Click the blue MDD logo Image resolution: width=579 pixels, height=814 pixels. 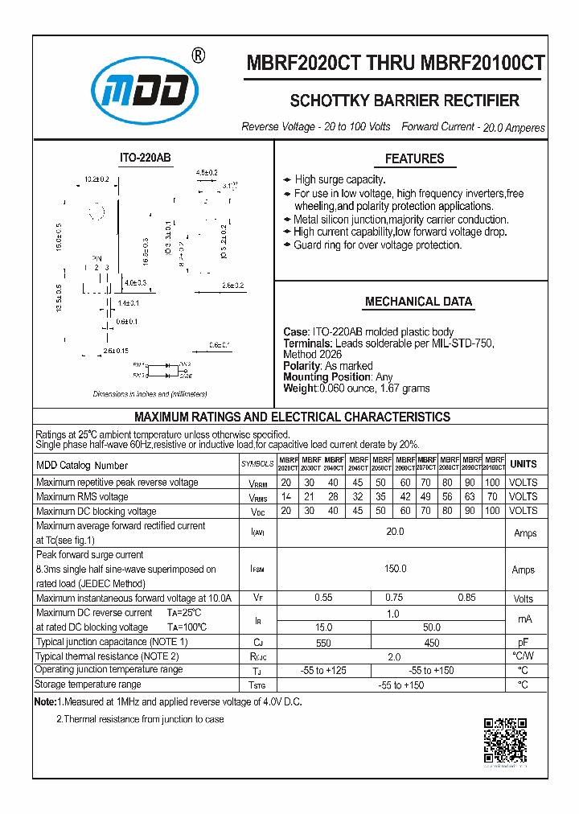(144, 92)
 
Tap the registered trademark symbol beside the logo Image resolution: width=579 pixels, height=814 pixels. (199, 55)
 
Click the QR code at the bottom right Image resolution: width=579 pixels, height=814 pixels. (505, 740)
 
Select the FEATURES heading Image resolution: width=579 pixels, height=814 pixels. (414, 159)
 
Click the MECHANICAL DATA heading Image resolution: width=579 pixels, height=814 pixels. (418, 302)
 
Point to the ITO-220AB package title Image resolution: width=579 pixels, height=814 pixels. (146, 158)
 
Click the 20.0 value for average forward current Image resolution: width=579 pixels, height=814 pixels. (394, 532)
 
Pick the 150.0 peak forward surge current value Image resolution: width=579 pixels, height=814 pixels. (394, 569)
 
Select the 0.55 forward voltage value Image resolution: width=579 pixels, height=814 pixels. (323, 598)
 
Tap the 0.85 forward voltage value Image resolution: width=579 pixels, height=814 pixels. (466, 598)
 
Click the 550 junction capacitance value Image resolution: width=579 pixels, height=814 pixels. (323, 642)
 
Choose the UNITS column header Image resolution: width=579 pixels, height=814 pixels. (524, 464)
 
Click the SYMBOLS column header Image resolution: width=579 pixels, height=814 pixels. (257, 465)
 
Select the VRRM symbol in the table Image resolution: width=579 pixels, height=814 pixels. (257, 483)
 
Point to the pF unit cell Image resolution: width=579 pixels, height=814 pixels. (524, 642)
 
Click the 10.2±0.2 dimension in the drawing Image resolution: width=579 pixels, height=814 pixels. (96, 179)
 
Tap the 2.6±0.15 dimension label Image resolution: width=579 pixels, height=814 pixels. (116, 351)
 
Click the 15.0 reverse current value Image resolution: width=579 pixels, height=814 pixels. (323, 627)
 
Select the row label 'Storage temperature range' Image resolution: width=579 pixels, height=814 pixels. (88, 684)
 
